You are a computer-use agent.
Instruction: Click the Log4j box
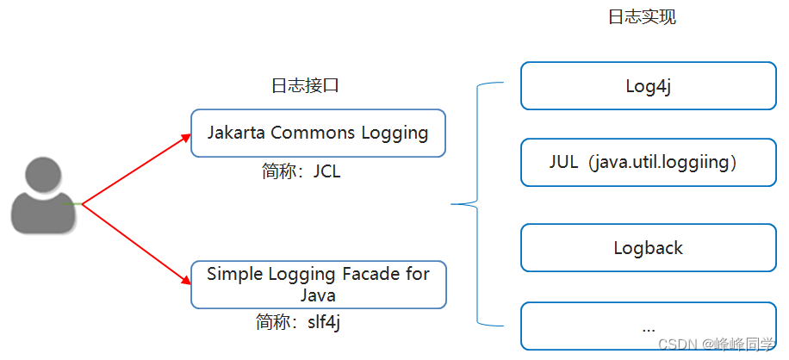point(648,86)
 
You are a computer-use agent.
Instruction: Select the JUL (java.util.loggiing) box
point(648,162)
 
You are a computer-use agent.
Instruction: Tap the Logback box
point(648,248)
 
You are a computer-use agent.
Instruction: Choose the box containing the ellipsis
point(648,326)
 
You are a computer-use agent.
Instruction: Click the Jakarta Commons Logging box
point(318,133)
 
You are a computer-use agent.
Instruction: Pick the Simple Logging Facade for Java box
point(318,284)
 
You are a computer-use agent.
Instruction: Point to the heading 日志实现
point(642,17)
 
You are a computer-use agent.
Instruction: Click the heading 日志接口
point(301,85)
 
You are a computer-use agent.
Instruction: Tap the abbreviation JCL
point(326,171)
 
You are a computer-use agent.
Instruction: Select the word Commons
point(308,133)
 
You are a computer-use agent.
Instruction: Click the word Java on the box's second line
point(318,295)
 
